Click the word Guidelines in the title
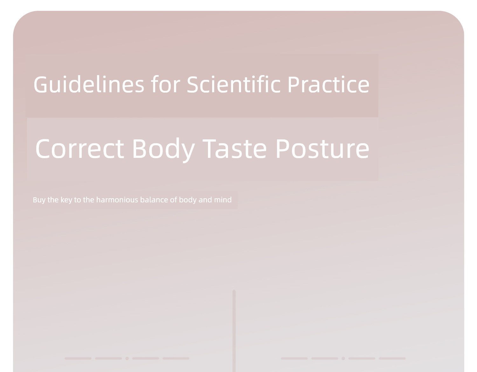89,85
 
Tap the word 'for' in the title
166,84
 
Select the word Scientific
233,84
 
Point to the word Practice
328,84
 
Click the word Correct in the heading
79,149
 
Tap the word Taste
234,149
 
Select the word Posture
322,149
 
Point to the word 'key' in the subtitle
66,200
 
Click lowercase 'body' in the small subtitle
188,200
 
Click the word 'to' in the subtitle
78,200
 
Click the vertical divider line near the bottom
234,331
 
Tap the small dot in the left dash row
127,358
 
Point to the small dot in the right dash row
343,358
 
